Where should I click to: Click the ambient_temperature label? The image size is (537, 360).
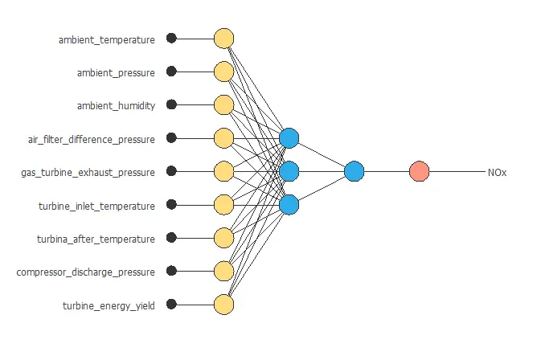click(106, 39)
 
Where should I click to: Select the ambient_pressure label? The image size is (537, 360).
click(116, 72)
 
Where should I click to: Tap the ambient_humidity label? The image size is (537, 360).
click(116, 105)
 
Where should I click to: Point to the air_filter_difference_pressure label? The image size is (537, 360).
click(91, 139)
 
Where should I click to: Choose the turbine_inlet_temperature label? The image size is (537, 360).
click(96, 206)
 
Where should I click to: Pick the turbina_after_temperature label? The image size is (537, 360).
click(96, 239)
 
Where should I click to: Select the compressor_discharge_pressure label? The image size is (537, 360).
click(85, 272)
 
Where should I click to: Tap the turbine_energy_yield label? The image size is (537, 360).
click(109, 305)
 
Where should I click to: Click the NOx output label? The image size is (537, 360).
click(497, 172)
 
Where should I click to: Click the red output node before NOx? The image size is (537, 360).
click(419, 171)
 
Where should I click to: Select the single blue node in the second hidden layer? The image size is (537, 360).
click(354, 171)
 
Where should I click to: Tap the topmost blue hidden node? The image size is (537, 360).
click(289, 138)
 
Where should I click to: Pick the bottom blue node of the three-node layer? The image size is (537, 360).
click(289, 205)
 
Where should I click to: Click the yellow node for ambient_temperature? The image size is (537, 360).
click(223, 39)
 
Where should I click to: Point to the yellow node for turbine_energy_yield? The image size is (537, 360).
click(223, 305)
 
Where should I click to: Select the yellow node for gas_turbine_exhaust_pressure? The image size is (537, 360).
click(223, 171)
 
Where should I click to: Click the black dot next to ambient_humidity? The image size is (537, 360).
click(171, 104)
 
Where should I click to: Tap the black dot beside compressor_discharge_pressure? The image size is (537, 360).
click(171, 271)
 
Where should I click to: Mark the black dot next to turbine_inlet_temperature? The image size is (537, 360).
click(171, 205)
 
